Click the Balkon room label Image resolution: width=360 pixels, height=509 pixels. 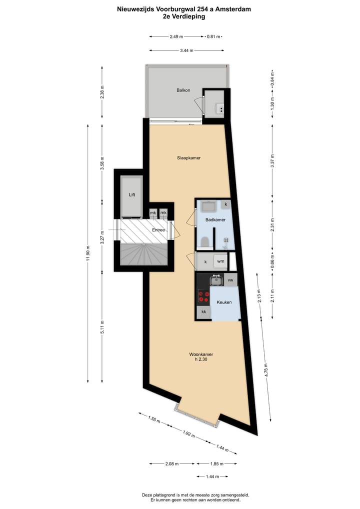(183, 90)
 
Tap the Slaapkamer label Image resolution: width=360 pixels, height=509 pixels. (188, 157)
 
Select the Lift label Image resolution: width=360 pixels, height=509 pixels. (132, 195)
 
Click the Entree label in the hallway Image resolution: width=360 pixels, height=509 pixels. (159, 229)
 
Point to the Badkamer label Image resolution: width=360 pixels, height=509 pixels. (215, 219)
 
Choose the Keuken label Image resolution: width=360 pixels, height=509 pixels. (223, 302)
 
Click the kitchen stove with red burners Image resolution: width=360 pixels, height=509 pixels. (203, 297)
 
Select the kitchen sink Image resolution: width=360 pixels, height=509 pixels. (216, 280)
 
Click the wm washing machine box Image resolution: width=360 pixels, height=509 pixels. (220, 261)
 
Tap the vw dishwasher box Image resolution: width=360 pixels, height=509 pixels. (230, 280)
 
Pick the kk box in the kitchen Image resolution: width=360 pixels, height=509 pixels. (203, 312)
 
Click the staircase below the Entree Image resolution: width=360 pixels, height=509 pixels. (143, 254)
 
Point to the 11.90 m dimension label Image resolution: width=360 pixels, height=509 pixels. (88, 253)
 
